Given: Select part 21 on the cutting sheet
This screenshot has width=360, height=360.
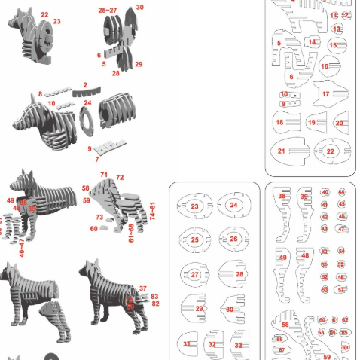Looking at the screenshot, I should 281,151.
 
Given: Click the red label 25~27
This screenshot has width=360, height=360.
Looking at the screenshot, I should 108,11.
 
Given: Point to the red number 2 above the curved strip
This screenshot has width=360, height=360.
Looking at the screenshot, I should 85,85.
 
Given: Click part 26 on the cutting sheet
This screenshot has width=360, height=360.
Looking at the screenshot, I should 233,239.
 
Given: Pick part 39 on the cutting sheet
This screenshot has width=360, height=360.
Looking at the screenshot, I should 304,197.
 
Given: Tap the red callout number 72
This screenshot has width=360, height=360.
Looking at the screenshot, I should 120,177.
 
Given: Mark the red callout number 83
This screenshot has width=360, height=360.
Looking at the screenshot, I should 155,297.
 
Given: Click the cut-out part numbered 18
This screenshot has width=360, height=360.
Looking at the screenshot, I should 279,122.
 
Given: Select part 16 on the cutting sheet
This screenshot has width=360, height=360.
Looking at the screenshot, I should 325,66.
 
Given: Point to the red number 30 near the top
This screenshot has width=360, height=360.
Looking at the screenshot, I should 140,7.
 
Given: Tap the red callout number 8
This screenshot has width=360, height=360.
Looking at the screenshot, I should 41,93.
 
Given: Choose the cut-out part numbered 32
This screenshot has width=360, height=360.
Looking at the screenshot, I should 212,344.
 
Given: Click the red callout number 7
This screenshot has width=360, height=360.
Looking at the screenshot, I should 97,159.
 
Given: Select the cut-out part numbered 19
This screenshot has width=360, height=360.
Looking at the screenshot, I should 311,122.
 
